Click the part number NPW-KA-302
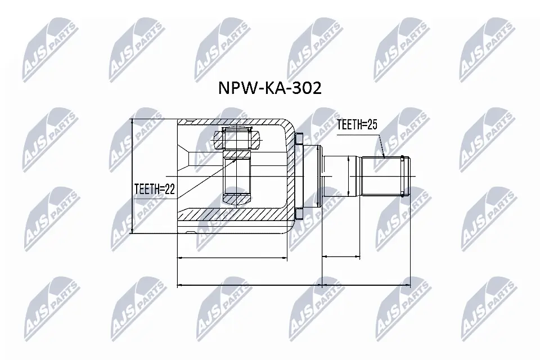click(269, 88)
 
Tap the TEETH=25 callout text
click(356, 125)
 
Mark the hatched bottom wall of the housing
click(236, 214)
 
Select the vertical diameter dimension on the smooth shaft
click(349, 175)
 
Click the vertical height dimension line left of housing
click(131, 175)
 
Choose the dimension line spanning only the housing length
click(232, 258)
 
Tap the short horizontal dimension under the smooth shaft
click(341, 258)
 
